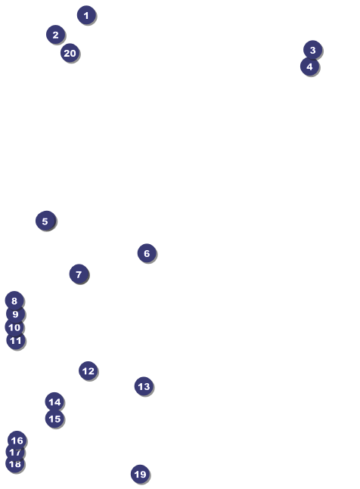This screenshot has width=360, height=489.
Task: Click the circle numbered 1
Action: tap(86, 15)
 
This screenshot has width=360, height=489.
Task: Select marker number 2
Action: tap(55, 34)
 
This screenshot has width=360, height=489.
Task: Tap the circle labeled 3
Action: tap(312, 50)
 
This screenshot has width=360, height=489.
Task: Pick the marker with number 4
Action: tap(309, 66)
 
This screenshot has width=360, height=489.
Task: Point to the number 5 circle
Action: tap(45, 221)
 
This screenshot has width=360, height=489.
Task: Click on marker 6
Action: tap(147, 253)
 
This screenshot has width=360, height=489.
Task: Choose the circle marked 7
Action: tap(79, 274)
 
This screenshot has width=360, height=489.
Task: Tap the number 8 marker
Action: tap(14, 301)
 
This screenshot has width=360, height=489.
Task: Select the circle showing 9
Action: tap(15, 314)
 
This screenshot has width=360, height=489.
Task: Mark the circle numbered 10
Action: tap(14, 327)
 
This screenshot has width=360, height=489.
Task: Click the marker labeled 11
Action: tap(16, 340)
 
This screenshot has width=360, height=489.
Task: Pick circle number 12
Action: tap(88, 370)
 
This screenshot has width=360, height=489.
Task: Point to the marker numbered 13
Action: tap(144, 386)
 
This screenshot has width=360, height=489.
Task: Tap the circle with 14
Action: tap(54, 401)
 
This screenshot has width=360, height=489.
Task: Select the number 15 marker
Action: tap(54, 418)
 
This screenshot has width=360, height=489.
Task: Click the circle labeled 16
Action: tap(17, 441)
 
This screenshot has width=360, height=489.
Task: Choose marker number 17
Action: tap(15, 452)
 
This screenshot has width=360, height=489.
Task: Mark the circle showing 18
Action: tap(15, 463)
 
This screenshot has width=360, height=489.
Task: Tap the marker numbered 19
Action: tap(140, 474)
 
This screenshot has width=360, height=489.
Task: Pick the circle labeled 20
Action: tap(70, 53)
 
